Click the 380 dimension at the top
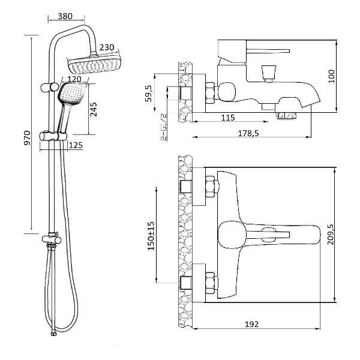(x=65, y=16)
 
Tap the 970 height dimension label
(x=28, y=138)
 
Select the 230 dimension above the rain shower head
(x=107, y=47)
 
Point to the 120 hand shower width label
(x=74, y=79)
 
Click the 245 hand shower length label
(x=94, y=109)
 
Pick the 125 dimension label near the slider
(x=76, y=145)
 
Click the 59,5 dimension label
(x=149, y=94)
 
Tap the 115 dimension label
(x=228, y=118)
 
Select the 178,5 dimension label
(x=248, y=133)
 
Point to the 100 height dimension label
(x=331, y=76)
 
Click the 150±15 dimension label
(x=151, y=236)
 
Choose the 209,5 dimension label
(x=331, y=235)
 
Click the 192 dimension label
(x=252, y=325)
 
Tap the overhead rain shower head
(x=94, y=64)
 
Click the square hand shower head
(x=71, y=94)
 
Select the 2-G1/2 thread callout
(x=164, y=127)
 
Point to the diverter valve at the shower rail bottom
(x=52, y=239)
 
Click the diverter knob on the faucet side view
(x=269, y=73)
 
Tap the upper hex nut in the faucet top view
(x=211, y=187)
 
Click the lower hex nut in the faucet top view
(x=211, y=283)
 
